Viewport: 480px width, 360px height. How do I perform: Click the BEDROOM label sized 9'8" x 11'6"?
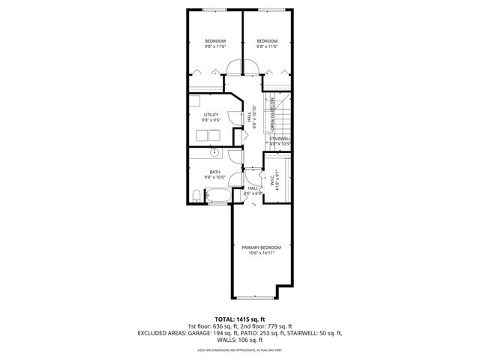[215, 40]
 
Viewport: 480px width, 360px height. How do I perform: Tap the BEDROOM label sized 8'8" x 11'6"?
[267, 40]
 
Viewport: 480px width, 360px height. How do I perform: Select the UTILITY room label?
[210, 115]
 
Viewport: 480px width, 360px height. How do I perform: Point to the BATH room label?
[214, 172]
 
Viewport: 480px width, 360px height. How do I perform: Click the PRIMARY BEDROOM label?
[261, 247]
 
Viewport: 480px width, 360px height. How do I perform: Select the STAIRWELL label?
[280, 139]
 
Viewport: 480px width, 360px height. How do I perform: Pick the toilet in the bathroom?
[196, 196]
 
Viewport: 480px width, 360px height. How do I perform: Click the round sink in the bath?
[214, 153]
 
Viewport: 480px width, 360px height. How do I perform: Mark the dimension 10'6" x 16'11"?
[261, 253]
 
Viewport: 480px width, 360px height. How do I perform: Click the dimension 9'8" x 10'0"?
[214, 178]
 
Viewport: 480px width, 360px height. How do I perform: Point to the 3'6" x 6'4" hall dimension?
[253, 193]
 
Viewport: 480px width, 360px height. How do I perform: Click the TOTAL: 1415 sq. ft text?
[239, 319]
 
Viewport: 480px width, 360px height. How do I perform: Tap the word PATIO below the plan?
[263, 333]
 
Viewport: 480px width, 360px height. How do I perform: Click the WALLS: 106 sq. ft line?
[239, 340]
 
